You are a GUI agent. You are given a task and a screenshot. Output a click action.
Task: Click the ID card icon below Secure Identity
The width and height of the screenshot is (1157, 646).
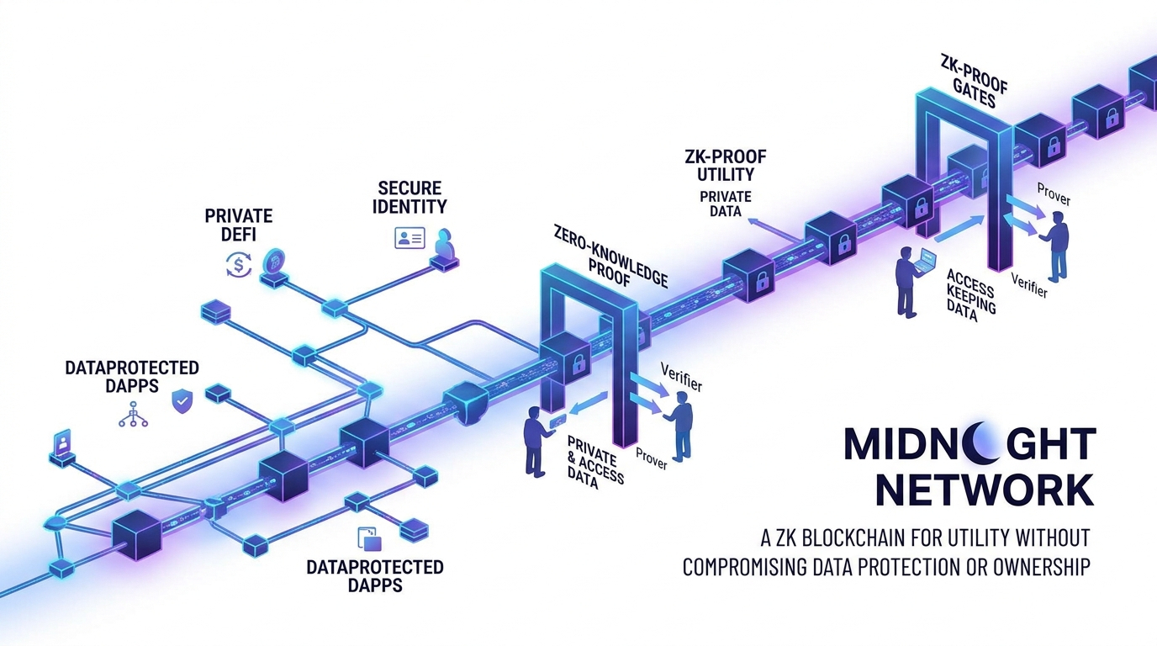click(409, 237)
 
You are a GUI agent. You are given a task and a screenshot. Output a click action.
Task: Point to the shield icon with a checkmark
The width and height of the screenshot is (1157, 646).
click(182, 400)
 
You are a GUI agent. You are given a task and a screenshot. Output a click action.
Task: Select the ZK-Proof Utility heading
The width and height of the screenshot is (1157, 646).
click(726, 165)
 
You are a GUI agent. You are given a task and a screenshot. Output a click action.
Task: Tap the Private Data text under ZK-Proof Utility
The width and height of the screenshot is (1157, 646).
click(726, 204)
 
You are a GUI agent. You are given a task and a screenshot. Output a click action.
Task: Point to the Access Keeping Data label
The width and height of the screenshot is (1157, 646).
click(970, 298)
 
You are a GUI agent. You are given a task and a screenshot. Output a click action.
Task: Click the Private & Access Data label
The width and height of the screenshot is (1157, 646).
click(593, 462)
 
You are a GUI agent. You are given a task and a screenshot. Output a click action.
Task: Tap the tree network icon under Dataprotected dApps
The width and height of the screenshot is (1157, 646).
click(133, 415)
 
